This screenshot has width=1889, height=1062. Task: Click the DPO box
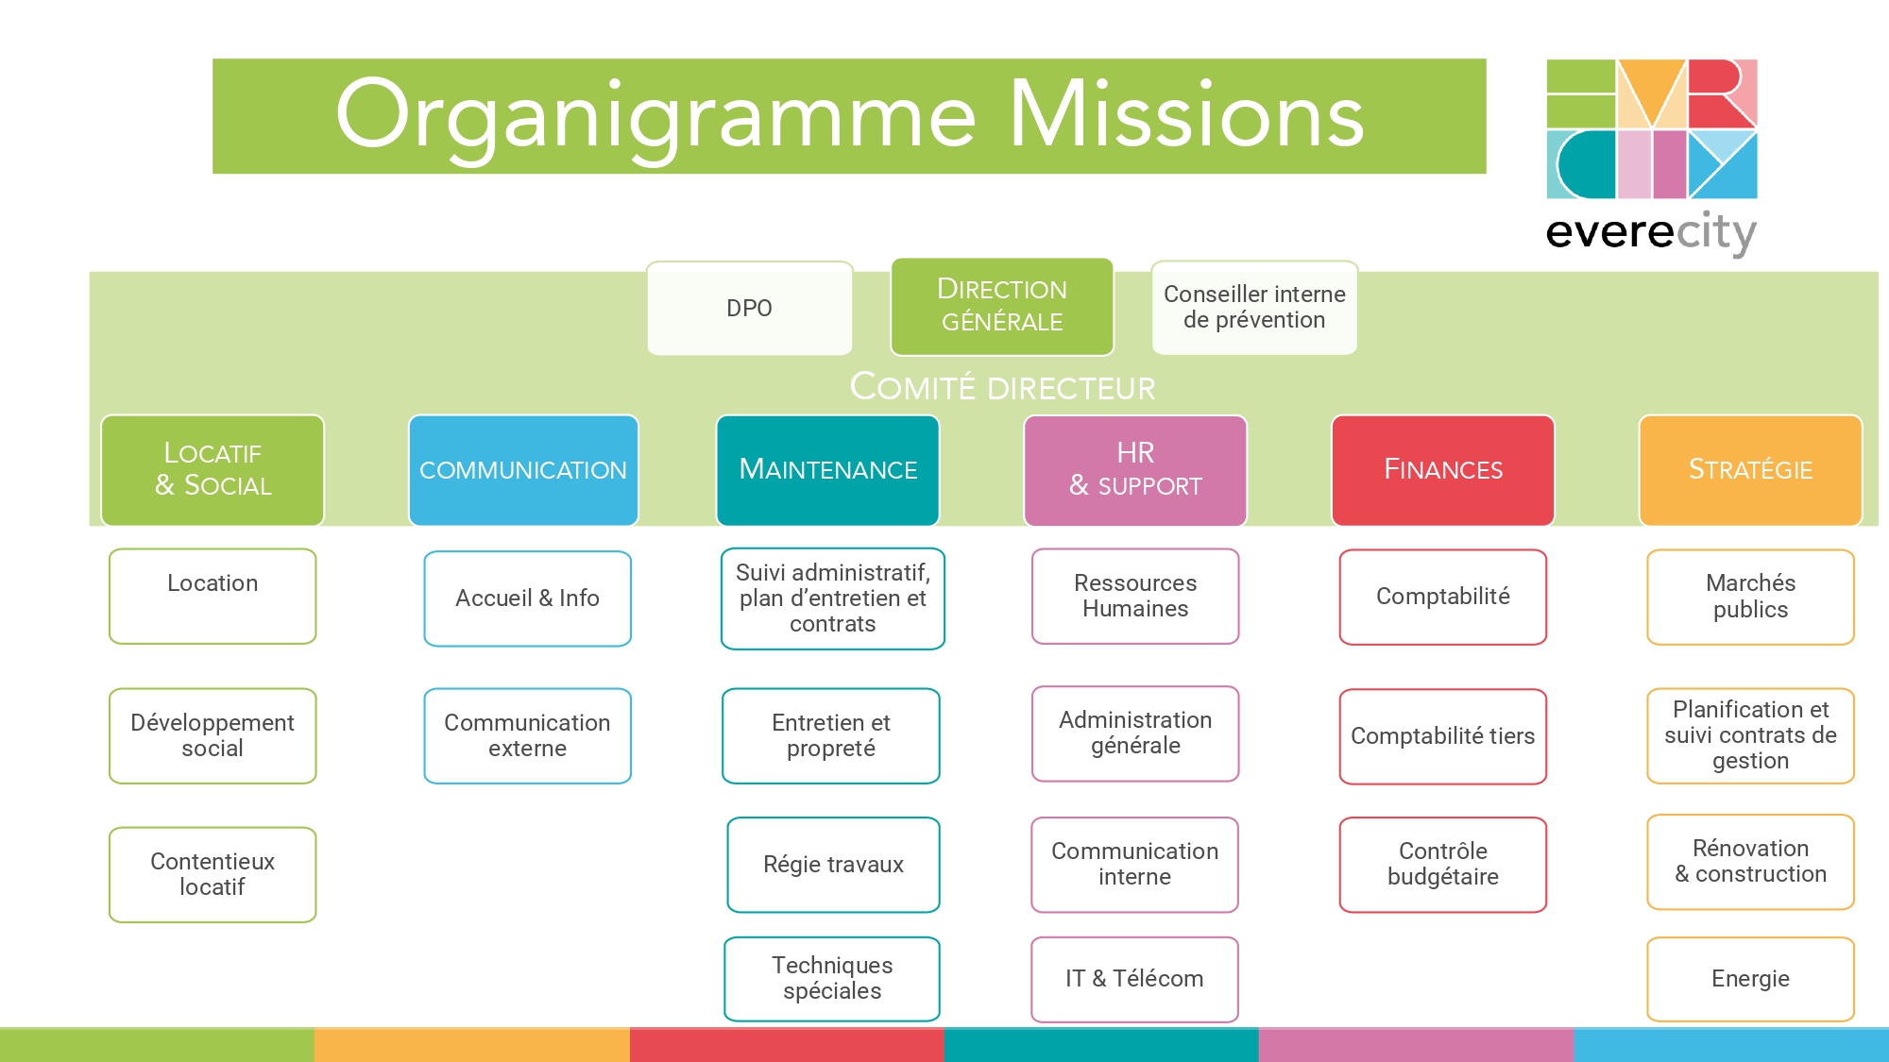tap(750, 308)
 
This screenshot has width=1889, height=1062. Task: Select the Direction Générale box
tap(1002, 306)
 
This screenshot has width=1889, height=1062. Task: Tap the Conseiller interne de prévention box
tap(1254, 308)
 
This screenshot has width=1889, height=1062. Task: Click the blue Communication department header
tap(523, 470)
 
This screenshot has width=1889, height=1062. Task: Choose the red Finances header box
tap(1443, 470)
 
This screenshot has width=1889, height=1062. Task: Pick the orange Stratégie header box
tap(1751, 470)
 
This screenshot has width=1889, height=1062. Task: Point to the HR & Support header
tap(1135, 470)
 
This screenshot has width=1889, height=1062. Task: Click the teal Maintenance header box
tap(828, 470)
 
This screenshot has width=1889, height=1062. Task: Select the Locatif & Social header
tap(213, 470)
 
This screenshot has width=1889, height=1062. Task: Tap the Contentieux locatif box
tap(213, 874)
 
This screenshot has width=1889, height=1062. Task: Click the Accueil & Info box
tap(528, 598)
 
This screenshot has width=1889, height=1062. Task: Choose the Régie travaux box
tap(834, 865)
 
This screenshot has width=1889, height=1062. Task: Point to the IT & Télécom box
tap(1135, 979)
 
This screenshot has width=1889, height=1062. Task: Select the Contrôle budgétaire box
tap(1443, 865)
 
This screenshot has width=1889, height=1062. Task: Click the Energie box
tap(1751, 979)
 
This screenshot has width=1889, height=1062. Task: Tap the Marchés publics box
tap(1751, 597)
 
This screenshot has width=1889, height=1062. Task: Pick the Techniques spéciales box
tap(832, 979)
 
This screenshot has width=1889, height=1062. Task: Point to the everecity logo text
tap(1651, 232)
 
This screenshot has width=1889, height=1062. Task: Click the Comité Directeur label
tap(1002, 387)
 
